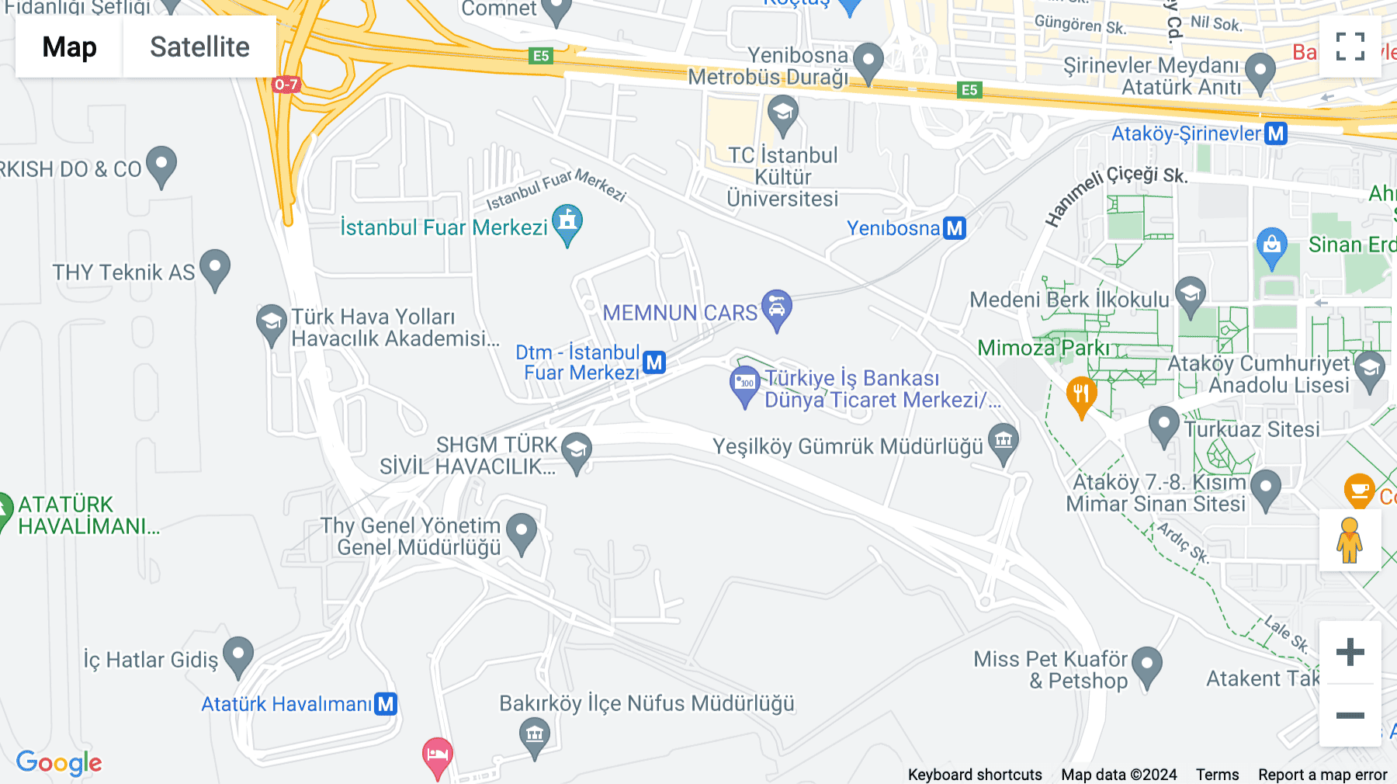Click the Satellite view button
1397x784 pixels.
(199, 47)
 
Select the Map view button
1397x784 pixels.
(69, 47)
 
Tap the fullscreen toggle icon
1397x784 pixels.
(1350, 47)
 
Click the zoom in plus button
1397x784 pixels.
(1350, 651)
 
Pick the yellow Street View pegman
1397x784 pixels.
(1350, 540)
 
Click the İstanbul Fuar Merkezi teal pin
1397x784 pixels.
(567, 224)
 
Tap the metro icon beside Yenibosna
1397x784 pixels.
(955, 228)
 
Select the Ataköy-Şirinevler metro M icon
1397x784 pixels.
(1275, 134)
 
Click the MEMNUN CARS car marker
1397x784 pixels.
(776, 308)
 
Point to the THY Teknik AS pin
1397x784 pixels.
(215, 268)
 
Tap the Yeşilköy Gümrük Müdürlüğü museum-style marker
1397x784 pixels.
(1004, 442)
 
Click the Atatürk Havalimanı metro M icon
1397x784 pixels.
(386, 704)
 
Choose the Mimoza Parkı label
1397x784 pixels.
(1043, 348)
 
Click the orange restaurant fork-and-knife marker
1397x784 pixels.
(1081, 395)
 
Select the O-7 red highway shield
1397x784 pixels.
(286, 84)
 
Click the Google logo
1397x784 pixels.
(59, 762)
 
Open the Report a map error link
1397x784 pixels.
(1322, 775)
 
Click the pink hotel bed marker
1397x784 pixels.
(438, 755)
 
